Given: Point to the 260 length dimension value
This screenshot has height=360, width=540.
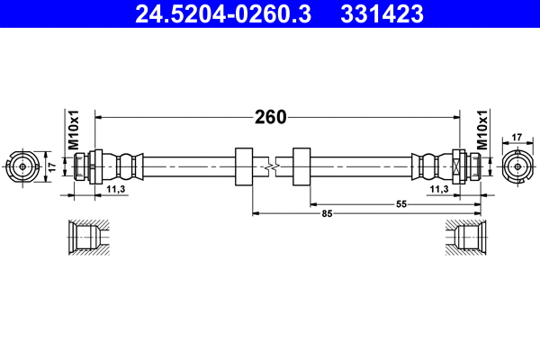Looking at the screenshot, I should pyautogui.click(x=269, y=117).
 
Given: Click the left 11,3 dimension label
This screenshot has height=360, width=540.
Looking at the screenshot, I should pyautogui.click(x=115, y=190).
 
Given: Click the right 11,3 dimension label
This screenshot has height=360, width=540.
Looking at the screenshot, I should pyautogui.click(x=439, y=190).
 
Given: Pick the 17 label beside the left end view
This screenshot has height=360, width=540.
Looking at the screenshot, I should pyautogui.click(x=51, y=166).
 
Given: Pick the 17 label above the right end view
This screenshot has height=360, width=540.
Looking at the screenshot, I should pyautogui.click(x=517, y=137).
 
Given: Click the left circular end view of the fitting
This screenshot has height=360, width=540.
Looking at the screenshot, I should pyautogui.click(x=22, y=166).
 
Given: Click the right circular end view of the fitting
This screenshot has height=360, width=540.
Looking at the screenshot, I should pyautogui.click(x=517, y=166).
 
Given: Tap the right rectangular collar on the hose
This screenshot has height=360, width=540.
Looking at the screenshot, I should pyautogui.click(x=301, y=166).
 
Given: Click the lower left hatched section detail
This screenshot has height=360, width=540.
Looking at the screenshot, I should pyautogui.click(x=88, y=238).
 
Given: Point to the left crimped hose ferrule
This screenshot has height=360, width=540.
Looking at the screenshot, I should pyautogui.click(x=127, y=166).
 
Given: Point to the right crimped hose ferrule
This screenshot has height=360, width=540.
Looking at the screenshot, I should pyautogui.click(x=427, y=166).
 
